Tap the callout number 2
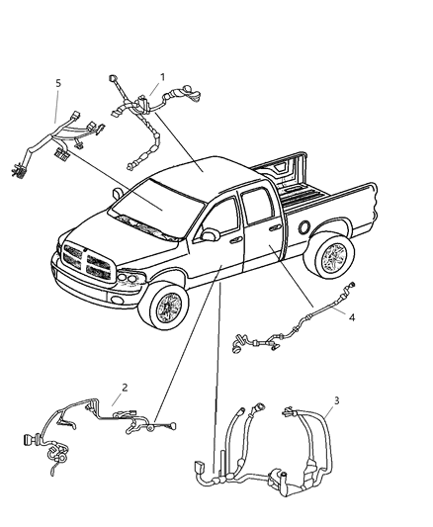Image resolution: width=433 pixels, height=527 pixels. [124, 388]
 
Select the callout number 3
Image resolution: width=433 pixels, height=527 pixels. [336, 400]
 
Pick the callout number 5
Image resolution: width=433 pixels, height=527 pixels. [58, 84]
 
